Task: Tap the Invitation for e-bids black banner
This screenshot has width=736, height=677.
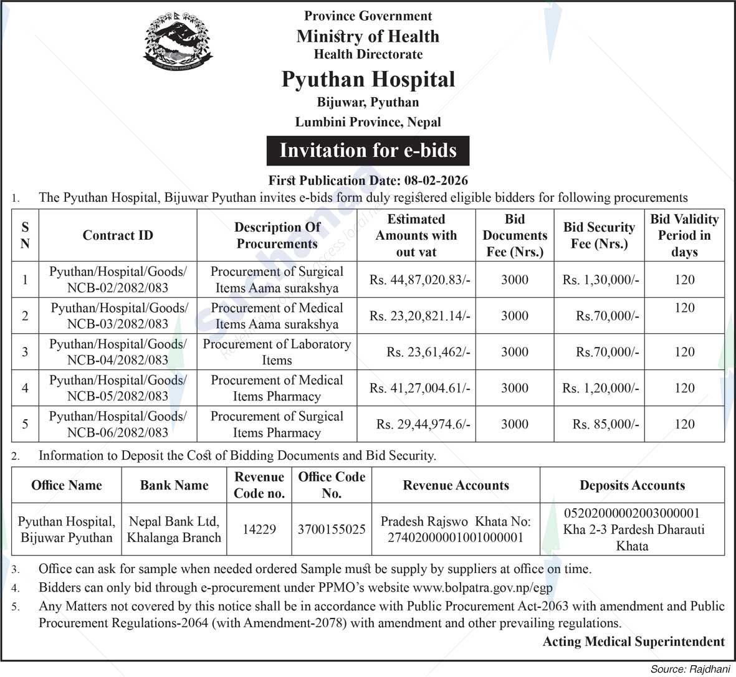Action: [x=368, y=151]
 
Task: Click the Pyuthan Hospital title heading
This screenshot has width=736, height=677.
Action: [x=368, y=80]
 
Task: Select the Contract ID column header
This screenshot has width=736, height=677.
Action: [x=118, y=235]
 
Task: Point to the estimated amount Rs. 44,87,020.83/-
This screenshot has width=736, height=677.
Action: [x=419, y=280]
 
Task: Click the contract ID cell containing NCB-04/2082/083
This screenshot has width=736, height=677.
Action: [x=118, y=352]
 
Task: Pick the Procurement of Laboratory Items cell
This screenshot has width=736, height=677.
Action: [x=277, y=352]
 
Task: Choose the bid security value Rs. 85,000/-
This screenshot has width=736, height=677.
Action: [x=606, y=424]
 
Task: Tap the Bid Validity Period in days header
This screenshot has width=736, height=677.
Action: [x=684, y=235]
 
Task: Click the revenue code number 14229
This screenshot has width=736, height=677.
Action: [x=259, y=529]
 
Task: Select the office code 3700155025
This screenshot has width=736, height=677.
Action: [x=332, y=529]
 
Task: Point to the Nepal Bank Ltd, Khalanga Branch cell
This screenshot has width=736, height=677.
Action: [x=174, y=529]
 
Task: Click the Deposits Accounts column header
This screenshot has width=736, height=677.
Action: [x=632, y=486]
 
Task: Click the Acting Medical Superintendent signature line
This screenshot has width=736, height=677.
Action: [x=634, y=642]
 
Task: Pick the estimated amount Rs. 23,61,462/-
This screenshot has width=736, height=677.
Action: [x=428, y=353]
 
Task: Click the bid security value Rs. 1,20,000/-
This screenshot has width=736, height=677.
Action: [x=601, y=389]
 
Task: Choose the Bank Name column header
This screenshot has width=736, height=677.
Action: [x=174, y=486]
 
